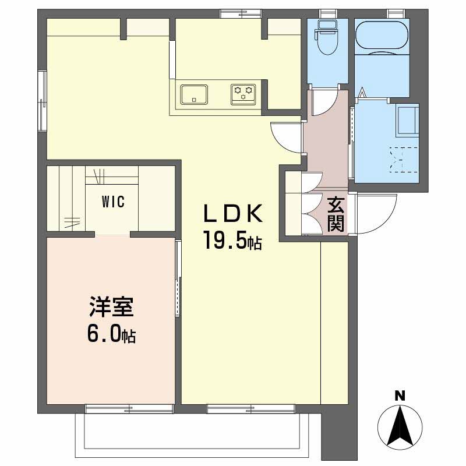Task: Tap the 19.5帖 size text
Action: [x=232, y=239]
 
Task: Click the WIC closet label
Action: [x=112, y=202]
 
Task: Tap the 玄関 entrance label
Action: [x=335, y=214]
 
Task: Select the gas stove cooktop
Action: [x=243, y=94]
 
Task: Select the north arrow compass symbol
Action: [x=400, y=424]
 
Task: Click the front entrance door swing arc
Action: [x=376, y=213]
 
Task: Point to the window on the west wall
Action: [x=42, y=99]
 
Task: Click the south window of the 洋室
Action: [x=129, y=409]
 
